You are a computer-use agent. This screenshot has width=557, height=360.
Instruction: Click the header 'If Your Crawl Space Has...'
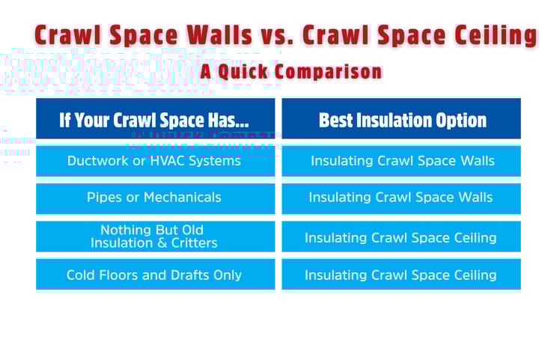click(154, 120)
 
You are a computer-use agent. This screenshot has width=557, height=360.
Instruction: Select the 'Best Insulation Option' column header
click(402, 120)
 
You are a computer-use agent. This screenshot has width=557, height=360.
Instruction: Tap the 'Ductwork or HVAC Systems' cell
click(154, 161)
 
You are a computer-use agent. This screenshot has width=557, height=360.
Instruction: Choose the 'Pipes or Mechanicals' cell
click(154, 198)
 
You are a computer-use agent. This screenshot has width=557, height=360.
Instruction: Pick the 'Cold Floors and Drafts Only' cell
click(154, 275)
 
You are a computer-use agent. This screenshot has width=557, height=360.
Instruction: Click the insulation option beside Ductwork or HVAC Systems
click(402, 161)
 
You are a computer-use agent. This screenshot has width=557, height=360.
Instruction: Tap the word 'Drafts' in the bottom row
click(187, 275)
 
